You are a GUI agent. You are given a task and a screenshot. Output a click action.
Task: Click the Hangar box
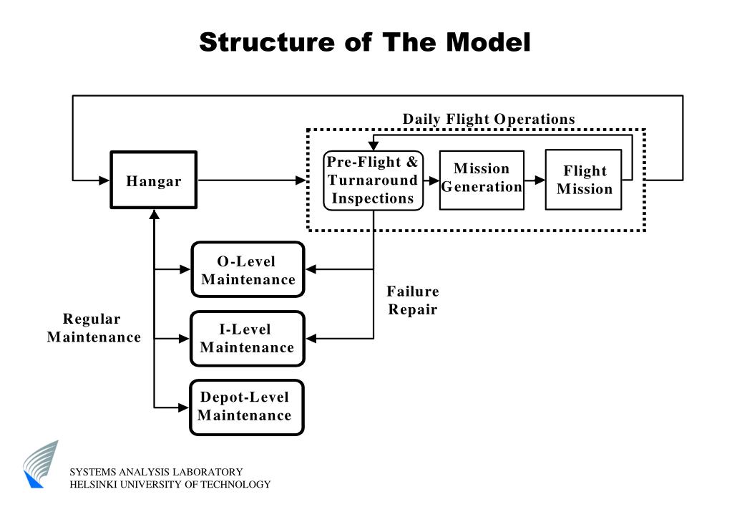(154, 180)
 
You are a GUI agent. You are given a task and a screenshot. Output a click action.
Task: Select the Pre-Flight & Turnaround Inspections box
(373, 180)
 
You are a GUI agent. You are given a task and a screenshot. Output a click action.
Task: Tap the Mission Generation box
(482, 180)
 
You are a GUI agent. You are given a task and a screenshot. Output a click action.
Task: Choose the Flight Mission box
(584, 180)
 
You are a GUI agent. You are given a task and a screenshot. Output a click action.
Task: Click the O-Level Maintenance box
(248, 269)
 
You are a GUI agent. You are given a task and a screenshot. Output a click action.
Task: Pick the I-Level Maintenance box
(248, 338)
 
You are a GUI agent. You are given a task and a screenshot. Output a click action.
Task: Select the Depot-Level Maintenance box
(246, 407)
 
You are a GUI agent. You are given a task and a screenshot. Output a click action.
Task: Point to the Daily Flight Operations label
(489, 119)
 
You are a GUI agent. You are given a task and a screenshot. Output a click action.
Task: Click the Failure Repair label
(413, 301)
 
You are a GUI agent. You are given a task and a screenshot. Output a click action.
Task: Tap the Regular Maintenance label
(93, 328)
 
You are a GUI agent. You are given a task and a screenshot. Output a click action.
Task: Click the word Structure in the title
(267, 42)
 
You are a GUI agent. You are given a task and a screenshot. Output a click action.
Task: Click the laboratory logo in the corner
(41, 464)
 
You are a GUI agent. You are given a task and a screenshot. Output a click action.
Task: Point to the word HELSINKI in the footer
(93, 485)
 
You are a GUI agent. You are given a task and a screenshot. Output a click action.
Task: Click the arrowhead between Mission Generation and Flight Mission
(540, 180)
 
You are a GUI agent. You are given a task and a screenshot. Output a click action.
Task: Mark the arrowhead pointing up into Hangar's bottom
(154, 215)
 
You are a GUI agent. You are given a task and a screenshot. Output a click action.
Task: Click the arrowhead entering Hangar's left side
(104, 180)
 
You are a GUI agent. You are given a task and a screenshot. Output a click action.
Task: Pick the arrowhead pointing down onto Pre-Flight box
(373, 145)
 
